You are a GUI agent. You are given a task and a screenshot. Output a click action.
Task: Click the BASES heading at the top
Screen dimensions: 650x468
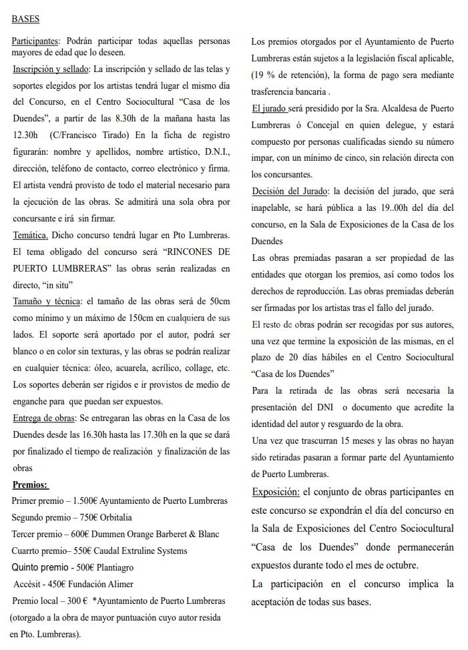pos(25,19)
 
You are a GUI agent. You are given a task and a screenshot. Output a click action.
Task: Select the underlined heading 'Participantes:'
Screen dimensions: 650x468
pos(36,41)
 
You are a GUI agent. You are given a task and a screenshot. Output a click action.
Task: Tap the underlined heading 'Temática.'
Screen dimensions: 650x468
pos(30,235)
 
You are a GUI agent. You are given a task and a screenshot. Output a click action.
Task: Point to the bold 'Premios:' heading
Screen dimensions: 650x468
pos(31,484)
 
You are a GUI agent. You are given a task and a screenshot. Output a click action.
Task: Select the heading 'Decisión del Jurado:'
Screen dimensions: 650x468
pos(291,192)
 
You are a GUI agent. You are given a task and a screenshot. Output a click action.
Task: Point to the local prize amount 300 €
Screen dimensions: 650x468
pos(77,601)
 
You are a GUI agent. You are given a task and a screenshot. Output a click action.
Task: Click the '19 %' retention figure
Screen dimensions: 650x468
pos(263,74)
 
